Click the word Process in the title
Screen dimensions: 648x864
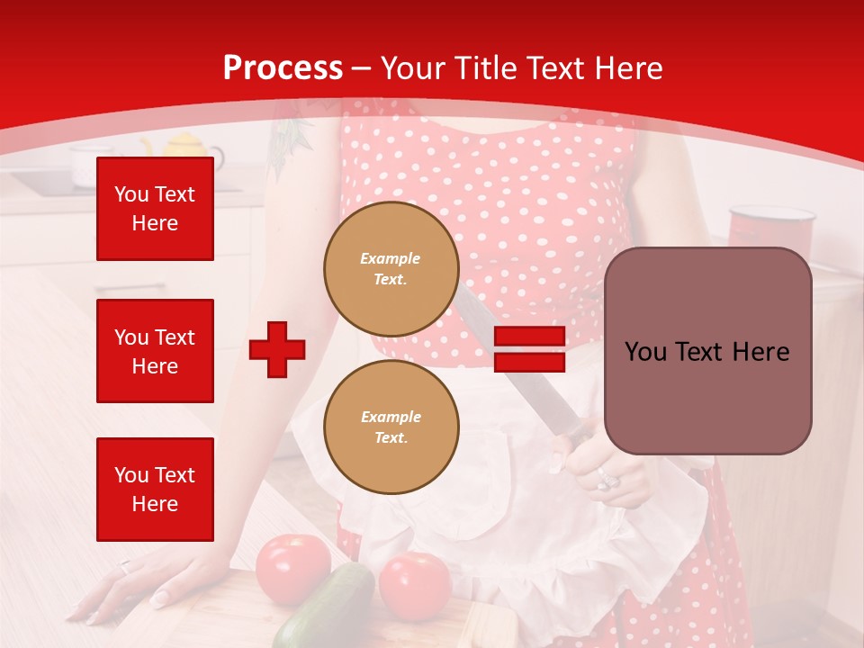[283, 68]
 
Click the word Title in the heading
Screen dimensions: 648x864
[487, 68]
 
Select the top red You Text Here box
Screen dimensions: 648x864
[155, 209]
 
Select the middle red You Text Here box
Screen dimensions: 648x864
[155, 351]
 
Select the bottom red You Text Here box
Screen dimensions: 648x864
[155, 489]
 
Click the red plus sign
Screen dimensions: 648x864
[277, 349]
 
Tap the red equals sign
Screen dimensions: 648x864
[529, 349]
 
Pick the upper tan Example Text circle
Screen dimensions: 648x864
[391, 269]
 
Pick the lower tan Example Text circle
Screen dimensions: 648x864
[391, 427]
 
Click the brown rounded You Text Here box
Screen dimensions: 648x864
[707, 351]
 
